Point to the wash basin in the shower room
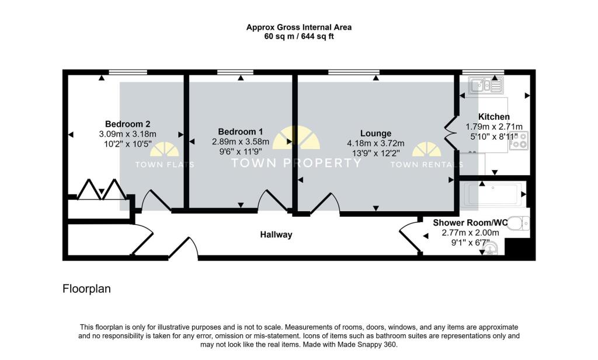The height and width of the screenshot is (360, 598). (x=492, y=250)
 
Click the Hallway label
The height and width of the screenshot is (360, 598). (x=276, y=235)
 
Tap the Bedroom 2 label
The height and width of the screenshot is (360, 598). (x=128, y=124)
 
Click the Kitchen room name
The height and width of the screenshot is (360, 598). (x=494, y=117)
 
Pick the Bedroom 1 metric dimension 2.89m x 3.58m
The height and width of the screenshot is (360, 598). (x=241, y=141)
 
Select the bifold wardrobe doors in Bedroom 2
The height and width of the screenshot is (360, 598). (x=100, y=189)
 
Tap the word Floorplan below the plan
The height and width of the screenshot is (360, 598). (x=86, y=289)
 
